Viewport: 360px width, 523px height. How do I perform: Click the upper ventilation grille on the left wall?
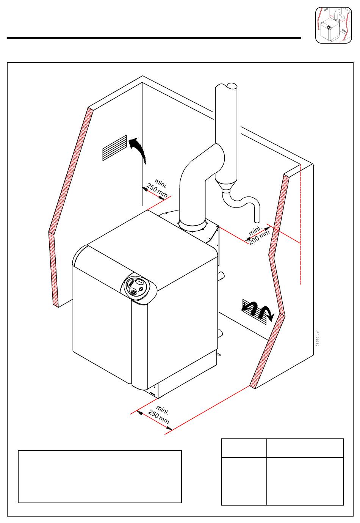(x=114, y=148)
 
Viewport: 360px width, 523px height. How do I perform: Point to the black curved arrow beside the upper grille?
(x=138, y=149)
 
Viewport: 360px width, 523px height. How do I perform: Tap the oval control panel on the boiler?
(x=135, y=287)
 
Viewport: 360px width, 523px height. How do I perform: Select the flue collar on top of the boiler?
(x=193, y=225)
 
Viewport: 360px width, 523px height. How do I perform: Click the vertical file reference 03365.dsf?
(x=318, y=338)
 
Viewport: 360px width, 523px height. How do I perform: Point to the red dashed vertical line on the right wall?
(x=300, y=228)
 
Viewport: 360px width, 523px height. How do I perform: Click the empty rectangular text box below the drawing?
(x=100, y=476)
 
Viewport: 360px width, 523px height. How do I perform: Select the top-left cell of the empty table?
(x=244, y=448)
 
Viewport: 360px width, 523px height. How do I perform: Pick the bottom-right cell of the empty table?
(x=305, y=481)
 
